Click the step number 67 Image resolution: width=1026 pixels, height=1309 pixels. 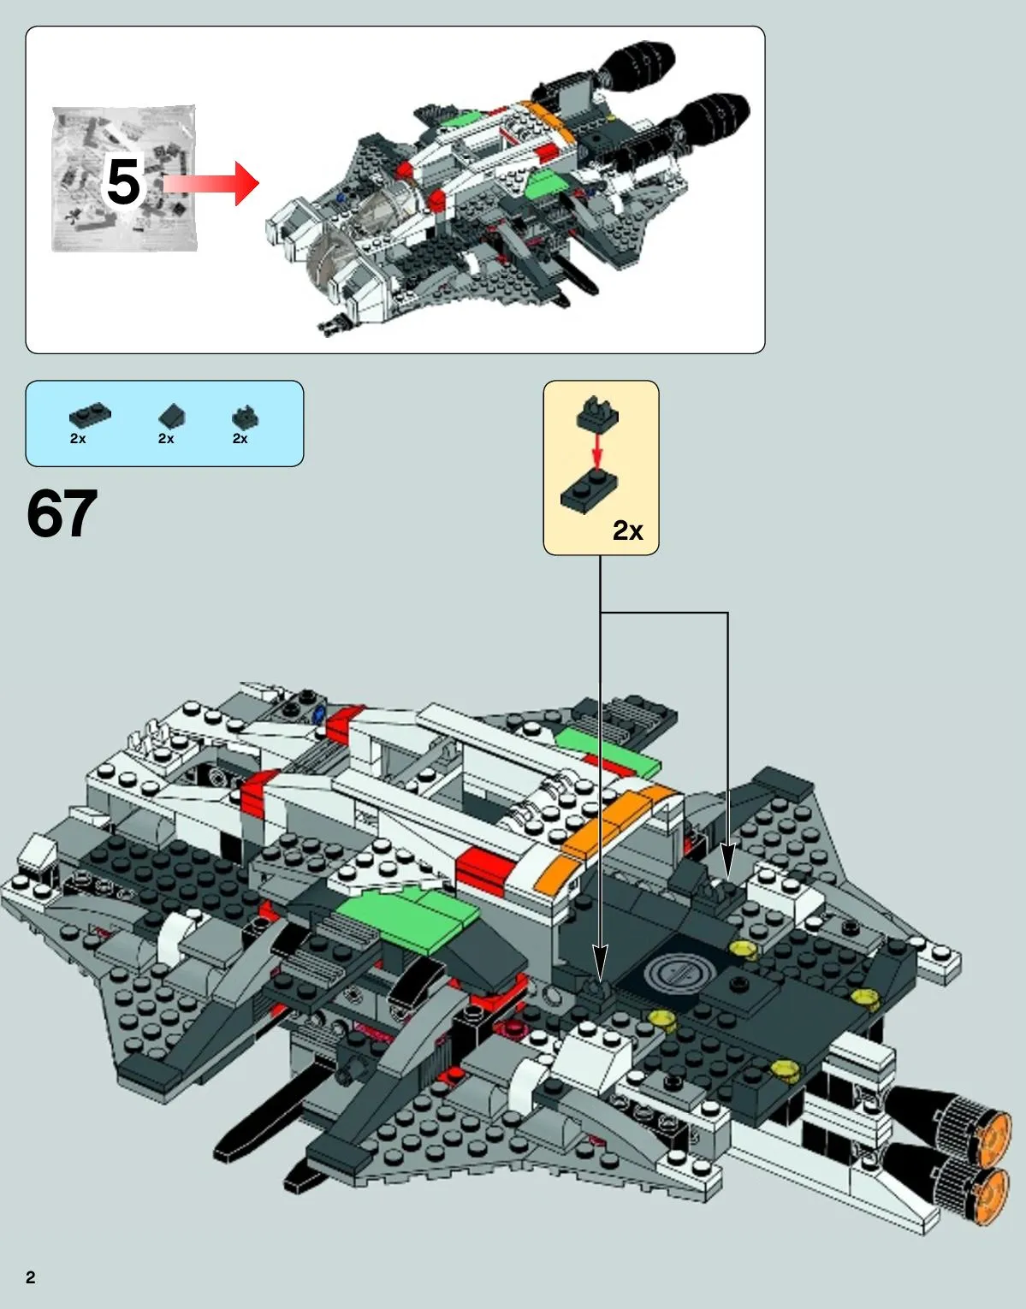tap(62, 514)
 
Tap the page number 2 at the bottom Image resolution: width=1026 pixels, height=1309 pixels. tap(31, 1277)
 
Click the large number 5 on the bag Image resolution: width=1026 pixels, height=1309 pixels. tap(122, 182)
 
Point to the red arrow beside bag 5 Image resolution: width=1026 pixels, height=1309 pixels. tap(214, 183)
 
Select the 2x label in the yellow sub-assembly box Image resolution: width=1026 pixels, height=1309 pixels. tap(627, 531)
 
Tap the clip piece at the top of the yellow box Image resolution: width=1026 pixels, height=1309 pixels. tap(598, 413)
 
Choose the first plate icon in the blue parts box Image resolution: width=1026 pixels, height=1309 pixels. tap(89, 416)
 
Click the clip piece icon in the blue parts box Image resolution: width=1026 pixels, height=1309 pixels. tap(245, 418)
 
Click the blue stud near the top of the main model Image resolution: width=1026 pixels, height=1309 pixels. tap(319, 712)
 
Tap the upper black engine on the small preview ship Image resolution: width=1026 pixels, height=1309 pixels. tap(639, 62)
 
